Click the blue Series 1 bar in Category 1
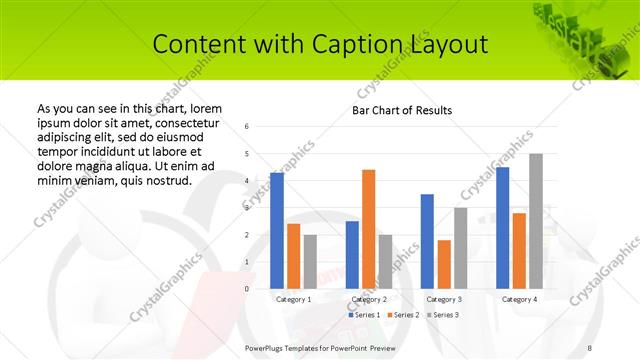(277, 231)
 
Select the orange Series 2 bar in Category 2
(368, 229)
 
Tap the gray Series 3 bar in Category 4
(535, 221)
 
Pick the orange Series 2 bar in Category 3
(444, 264)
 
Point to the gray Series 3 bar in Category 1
(310, 262)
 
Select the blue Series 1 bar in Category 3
(427, 241)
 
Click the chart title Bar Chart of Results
(402, 110)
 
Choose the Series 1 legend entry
(365, 315)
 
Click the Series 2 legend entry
(404, 315)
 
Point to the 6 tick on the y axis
(247, 127)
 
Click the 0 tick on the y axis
(247, 289)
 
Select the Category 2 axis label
(369, 299)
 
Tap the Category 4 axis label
(519, 299)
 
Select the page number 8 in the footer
(590, 346)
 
